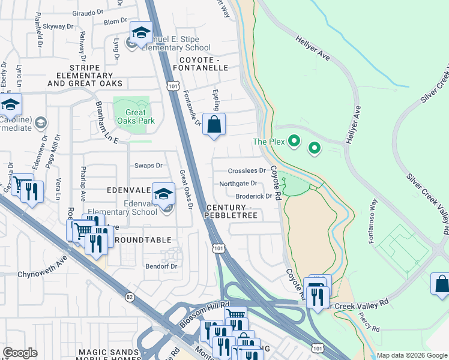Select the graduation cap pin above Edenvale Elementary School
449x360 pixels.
point(163,193)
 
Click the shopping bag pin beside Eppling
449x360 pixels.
point(214,125)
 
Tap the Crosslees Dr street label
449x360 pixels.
point(247,171)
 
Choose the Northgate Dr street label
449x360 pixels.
point(238,184)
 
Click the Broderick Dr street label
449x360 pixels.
point(254,196)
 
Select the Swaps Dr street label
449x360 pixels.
point(148,166)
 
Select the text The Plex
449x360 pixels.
point(267,142)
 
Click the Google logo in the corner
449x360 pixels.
point(20,352)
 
